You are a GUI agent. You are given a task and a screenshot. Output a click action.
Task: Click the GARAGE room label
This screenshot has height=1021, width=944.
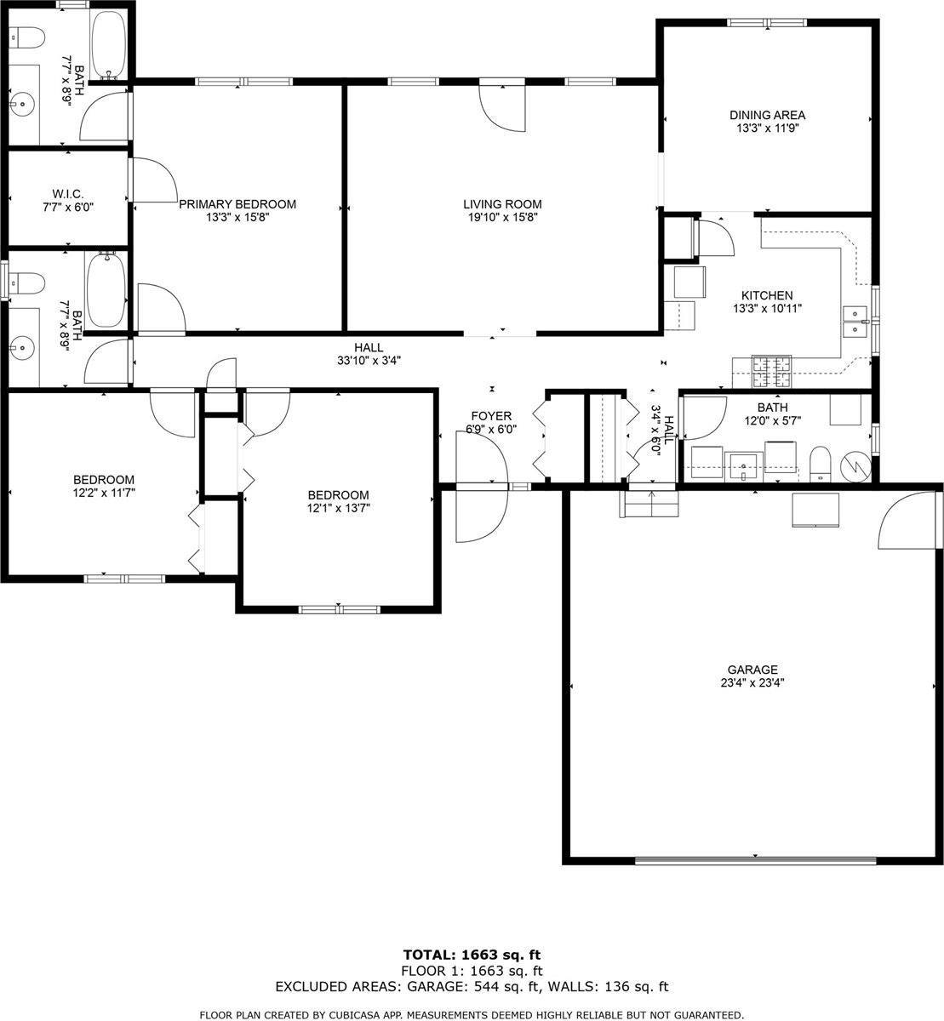pos(752,670)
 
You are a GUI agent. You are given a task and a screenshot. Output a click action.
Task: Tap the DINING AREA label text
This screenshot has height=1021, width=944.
pos(767,115)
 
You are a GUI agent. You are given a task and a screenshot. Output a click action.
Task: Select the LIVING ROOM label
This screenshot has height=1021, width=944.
pos(502,204)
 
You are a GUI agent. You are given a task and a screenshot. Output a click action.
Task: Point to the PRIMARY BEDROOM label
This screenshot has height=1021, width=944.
pos(237,204)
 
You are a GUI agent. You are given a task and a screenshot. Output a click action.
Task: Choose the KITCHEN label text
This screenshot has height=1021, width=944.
pos(766,295)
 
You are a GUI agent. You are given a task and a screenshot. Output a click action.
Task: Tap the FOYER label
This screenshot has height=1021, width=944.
pos(491,416)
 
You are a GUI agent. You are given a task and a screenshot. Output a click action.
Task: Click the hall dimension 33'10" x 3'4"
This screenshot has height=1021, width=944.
pos(369,360)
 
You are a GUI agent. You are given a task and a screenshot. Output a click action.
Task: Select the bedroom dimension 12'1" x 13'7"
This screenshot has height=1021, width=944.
pos(338,508)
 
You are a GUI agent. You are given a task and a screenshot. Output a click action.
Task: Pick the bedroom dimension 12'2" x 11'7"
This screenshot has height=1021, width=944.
pos(103,493)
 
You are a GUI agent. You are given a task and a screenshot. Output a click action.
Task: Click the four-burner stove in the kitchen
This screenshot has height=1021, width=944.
pos(771,368)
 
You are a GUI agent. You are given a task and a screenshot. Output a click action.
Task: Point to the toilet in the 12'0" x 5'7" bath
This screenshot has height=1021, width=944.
pos(820,464)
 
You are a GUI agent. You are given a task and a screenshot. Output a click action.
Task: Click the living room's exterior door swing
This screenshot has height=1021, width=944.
pos(502,106)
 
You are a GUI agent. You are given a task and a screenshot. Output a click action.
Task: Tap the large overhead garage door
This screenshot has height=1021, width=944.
pos(755,860)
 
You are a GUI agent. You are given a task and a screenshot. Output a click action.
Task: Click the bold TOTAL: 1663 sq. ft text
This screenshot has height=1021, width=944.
pos(472,954)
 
